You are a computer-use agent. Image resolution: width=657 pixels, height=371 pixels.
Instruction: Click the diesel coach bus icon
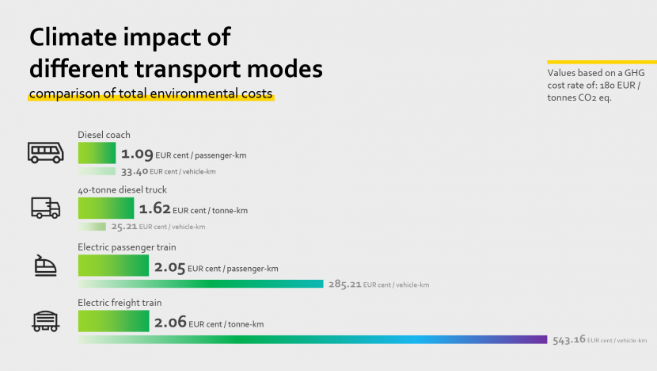(x=45, y=152)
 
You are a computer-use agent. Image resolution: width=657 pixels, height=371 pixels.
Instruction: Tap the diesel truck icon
(x=45, y=208)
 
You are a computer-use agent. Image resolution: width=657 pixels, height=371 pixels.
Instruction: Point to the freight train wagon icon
(x=45, y=320)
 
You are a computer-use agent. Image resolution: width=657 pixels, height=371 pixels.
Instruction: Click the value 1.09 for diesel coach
(x=137, y=155)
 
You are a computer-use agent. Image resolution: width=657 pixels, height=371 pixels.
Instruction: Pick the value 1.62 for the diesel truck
(x=155, y=209)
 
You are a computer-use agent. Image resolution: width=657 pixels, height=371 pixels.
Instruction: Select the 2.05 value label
(x=170, y=268)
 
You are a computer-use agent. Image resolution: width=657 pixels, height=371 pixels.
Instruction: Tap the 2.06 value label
(x=170, y=323)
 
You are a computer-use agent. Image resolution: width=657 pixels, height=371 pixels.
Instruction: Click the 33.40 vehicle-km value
(x=134, y=171)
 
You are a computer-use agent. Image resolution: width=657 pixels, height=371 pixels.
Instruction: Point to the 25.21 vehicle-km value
(x=125, y=227)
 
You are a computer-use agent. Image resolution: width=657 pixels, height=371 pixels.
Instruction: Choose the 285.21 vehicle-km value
(x=344, y=284)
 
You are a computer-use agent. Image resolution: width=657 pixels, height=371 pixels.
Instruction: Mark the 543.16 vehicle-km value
(x=568, y=339)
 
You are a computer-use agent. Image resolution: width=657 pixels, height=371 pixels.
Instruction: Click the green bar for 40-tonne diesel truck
(x=106, y=208)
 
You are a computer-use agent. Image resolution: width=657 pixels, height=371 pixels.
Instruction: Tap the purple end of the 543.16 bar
(x=541, y=339)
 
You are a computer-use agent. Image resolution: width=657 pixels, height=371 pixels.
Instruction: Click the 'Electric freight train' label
(x=119, y=303)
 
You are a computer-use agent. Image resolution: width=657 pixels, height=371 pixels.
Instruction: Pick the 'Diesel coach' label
(x=104, y=135)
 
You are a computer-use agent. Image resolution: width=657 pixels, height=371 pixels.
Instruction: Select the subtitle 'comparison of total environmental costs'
(x=151, y=94)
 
